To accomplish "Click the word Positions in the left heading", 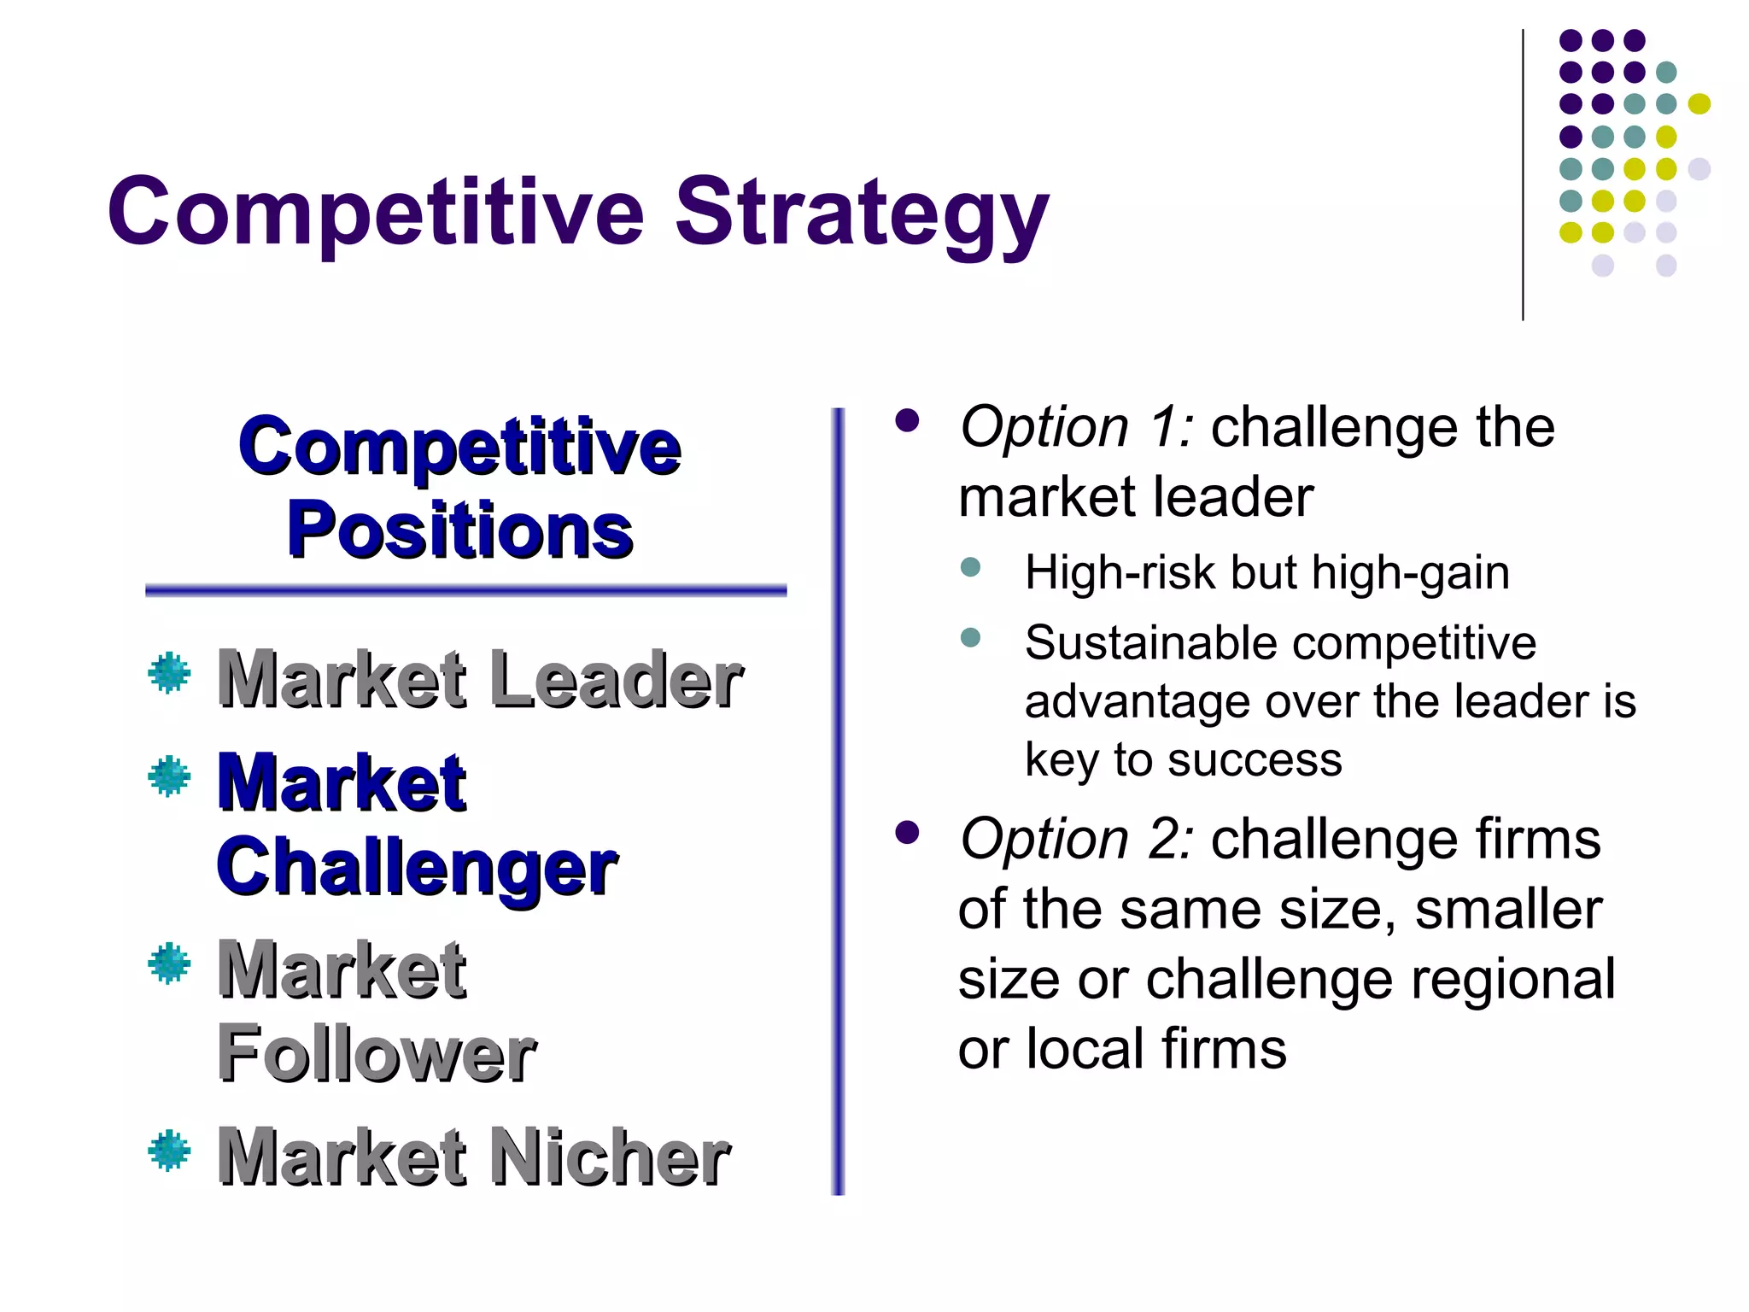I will [x=459, y=530].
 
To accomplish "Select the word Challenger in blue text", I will [x=417, y=868].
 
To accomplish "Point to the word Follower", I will [x=377, y=1054].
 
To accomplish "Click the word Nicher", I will [x=609, y=1157].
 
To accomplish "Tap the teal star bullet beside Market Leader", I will [x=169, y=673].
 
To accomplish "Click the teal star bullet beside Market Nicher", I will [x=169, y=1150].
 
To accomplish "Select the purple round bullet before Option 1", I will [x=907, y=420].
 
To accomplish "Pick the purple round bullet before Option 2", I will [x=907, y=833].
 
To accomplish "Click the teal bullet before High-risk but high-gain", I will [x=970, y=567].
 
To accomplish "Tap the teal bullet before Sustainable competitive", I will [x=970, y=637].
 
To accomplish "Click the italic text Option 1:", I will [x=1076, y=427].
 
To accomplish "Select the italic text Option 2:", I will [x=1076, y=839].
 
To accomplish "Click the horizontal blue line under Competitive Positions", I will [x=465, y=590].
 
